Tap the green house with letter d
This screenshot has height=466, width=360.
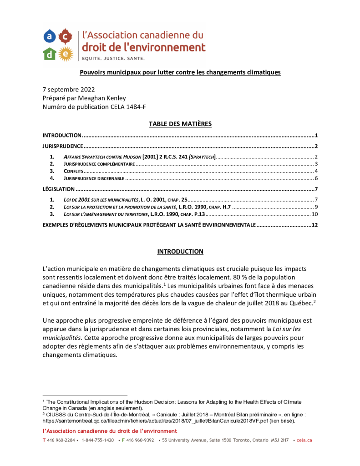click(x=50, y=54)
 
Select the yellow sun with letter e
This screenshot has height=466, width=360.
click(x=66, y=53)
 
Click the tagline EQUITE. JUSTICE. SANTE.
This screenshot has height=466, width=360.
click(x=113, y=58)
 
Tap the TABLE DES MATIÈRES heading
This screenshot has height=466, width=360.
click(x=180, y=124)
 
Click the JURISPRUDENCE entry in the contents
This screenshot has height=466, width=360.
click(x=62, y=147)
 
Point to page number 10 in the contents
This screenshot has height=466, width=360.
click(x=314, y=214)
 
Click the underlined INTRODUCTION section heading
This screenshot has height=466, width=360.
click(x=180, y=252)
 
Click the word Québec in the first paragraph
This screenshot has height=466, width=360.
click(x=302, y=303)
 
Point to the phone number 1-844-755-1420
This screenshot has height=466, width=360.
click(x=97, y=441)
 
